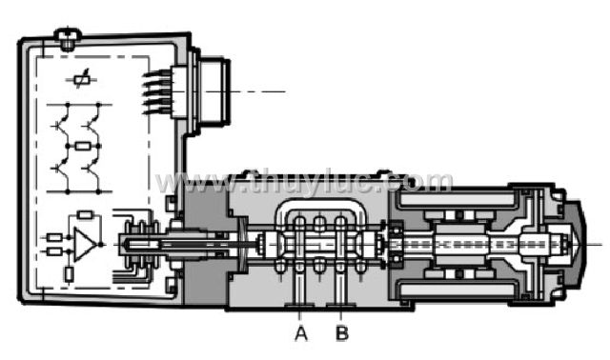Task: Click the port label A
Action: pos(301,333)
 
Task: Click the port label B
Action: pos(342,333)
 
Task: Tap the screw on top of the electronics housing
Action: pos(68,39)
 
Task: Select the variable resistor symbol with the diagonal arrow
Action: pos(81,80)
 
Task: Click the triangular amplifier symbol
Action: pos(85,244)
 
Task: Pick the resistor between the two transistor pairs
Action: pos(83,146)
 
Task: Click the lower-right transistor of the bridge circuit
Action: pos(91,170)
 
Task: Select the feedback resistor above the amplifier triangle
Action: pos(85,214)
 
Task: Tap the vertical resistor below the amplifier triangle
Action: pos(69,274)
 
